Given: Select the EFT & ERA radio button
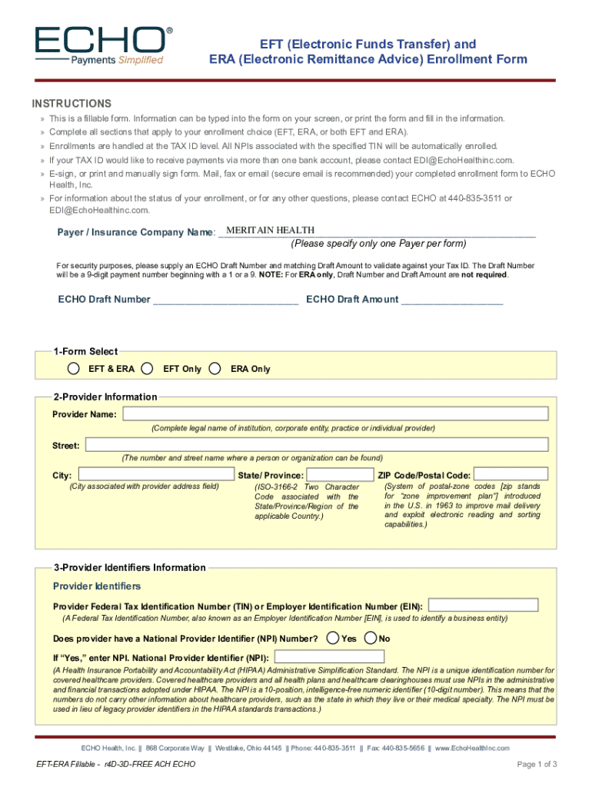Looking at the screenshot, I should [x=73, y=369].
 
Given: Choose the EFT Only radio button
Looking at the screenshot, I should [x=148, y=369].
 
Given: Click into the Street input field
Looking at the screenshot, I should [x=317, y=445].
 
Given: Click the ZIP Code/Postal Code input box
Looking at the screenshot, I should [x=511, y=475].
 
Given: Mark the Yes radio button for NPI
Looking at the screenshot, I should [x=332, y=638].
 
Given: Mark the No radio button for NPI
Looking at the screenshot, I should [x=371, y=638].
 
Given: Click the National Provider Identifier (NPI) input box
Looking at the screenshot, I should [x=329, y=657].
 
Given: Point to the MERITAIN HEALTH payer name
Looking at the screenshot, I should [x=270, y=231].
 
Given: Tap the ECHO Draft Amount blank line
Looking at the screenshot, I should [x=451, y=300].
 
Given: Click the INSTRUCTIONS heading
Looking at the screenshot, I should [x=72, y=104].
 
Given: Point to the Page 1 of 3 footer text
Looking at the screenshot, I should [x=537, y=764].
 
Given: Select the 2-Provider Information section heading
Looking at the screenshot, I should [x=105, y=397].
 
